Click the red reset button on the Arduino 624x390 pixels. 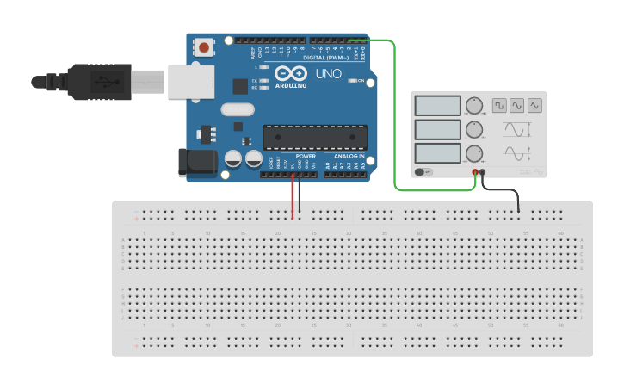(x=204, y=48)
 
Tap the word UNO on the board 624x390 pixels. (x=328, y=74)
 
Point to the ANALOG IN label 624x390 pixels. (x=349, y=156)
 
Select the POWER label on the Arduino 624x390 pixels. (x=306, y=156)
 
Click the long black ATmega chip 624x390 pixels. (x=315, y=137)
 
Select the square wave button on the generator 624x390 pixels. (x=499, y=105)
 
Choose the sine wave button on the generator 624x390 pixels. (x=516, y=105)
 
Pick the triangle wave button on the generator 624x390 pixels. (x=534, y=105)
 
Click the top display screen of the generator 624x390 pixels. (x=438, y=105)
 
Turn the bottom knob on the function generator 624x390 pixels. (x=473, y=154)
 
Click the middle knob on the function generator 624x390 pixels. (x=473, y=130)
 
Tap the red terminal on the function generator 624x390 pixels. (x=475, y=172)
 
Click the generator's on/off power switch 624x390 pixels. (x=423, y=171)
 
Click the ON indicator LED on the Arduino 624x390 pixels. (x=352, y=81)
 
